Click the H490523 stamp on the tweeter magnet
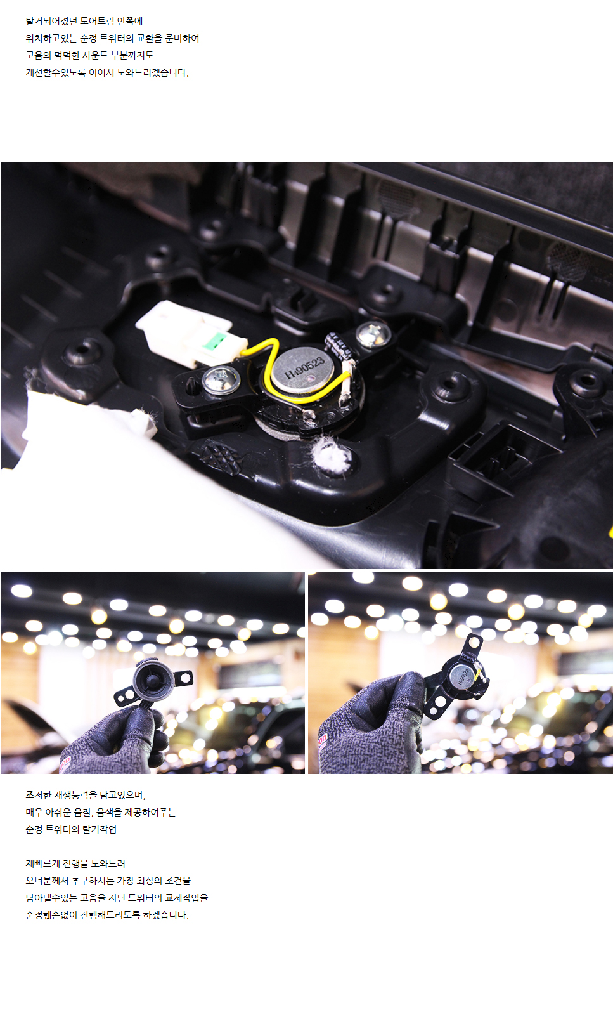304,368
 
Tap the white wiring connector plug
191,334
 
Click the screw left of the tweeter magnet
221,379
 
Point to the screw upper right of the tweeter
373,334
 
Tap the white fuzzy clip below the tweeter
333,455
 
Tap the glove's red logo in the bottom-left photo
65,761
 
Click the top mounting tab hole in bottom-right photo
475,642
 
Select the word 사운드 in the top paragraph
95,55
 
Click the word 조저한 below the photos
39,795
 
